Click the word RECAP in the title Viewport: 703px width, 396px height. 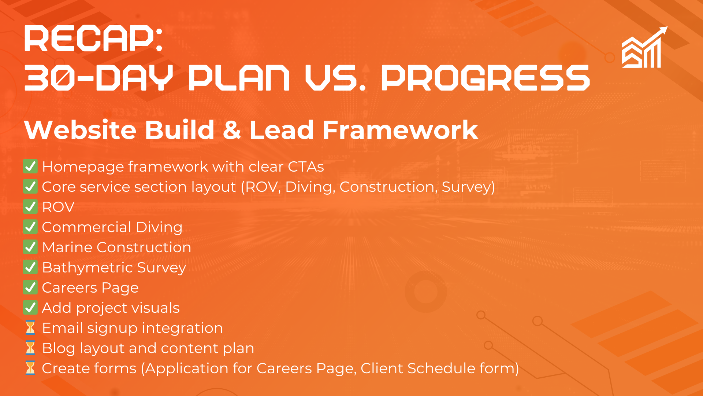(x=89, y=38)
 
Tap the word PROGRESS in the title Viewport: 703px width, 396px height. (x=486, y=78)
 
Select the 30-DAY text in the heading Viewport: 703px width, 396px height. (x=98, y=78)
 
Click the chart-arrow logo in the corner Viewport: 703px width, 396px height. (x=644, y=47)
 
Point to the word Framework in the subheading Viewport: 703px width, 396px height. (x=400, y=130)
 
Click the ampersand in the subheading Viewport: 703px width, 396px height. (x=231, y=130)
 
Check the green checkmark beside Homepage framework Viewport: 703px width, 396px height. (x=30, y=166)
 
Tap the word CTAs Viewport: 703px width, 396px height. (x=306, y=167)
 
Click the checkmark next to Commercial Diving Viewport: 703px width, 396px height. (x=30, y=227)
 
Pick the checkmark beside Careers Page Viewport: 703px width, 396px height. (x=30, y=287)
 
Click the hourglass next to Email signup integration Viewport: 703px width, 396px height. (x=30, y=328)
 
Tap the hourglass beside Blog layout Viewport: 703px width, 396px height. (x=30, y=348)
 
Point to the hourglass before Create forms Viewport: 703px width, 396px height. (x=30, y=368)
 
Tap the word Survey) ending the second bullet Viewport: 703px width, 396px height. (x=468, y=187)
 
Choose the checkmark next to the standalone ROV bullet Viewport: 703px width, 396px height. (x=30, y=207)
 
